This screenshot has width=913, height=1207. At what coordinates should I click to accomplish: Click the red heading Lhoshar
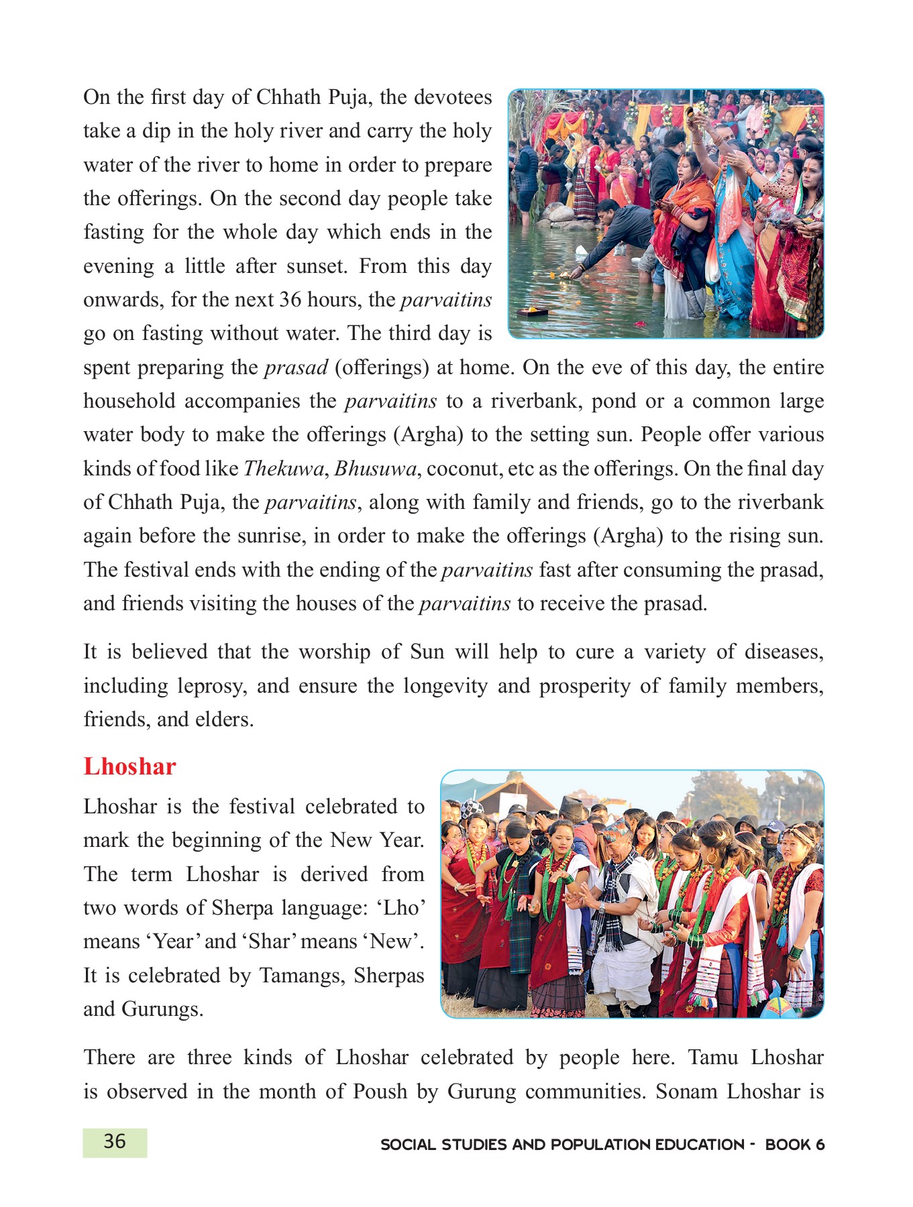(x=129, y=766)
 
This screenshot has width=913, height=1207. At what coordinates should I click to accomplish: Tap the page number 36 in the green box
(x=115, y=1141)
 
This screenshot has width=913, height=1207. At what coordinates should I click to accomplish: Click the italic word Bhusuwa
(x=376, y=468)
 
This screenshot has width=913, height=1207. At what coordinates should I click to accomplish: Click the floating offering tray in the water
(x=533, y=310)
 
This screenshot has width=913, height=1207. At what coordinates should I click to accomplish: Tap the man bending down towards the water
(x=617, y=231)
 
